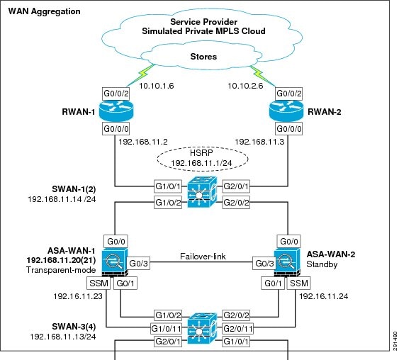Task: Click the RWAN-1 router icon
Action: coord(116,111)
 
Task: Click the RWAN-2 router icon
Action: coord(286,111)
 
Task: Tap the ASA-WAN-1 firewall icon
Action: coord(115,262)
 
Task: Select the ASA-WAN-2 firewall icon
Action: coord(287,262)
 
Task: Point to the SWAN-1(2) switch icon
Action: coord(202,192)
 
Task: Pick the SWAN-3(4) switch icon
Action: coord(202,328)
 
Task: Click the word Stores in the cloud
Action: coord(203,57)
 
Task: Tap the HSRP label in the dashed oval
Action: coord(201,152)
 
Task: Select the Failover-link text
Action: coord(203,257)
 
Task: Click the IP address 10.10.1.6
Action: coord(156,86)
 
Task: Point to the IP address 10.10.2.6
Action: coord(245,86)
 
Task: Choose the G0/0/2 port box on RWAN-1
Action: coord(116,94)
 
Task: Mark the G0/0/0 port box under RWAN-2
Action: coord(289,129)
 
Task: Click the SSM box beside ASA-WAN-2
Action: coord(299,283)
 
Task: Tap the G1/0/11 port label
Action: coord(166,328)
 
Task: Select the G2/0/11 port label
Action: coord(238,328)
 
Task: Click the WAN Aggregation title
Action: coord(44,11)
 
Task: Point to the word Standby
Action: coord(322,264)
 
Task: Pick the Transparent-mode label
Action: coord(61,270)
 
